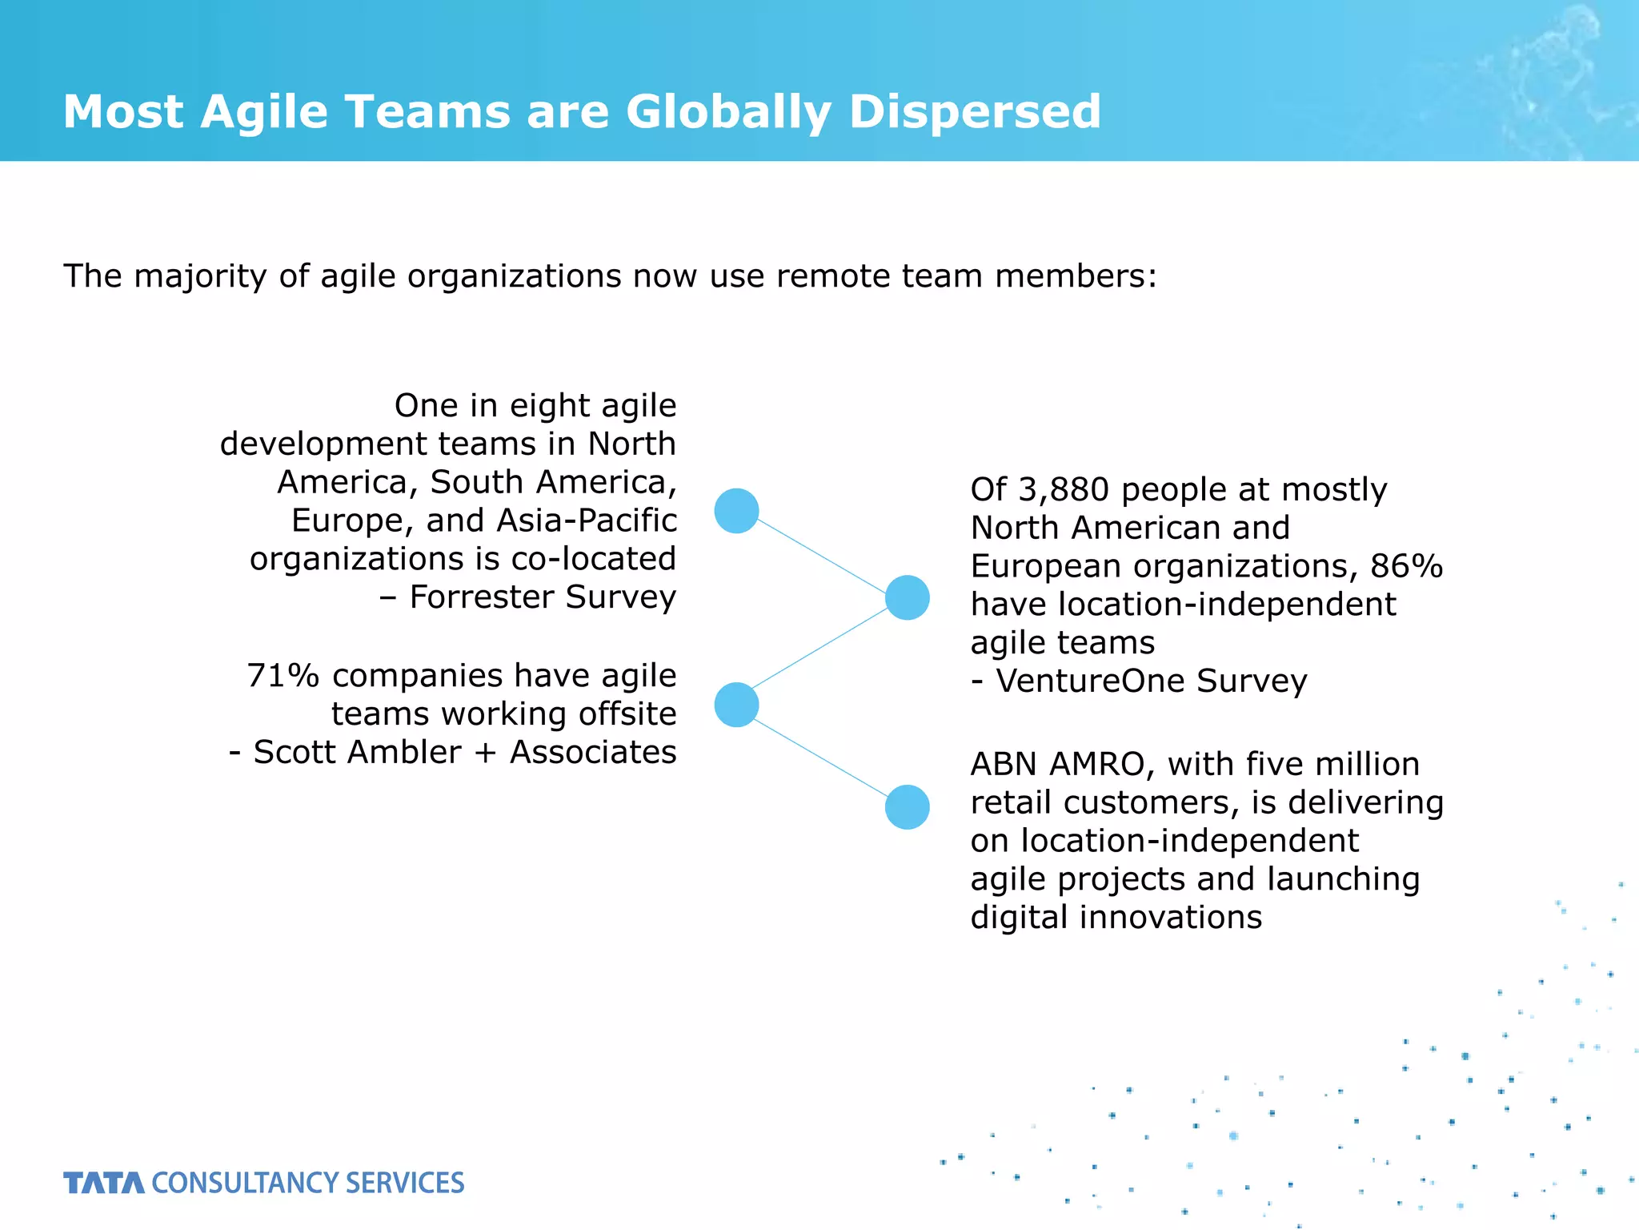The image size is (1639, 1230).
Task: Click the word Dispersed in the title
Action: click(974, 111)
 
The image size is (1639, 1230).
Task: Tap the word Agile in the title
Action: click(264, 111)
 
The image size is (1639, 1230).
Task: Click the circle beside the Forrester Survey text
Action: click(736, 511)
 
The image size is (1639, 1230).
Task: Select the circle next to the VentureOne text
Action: click(907, 597)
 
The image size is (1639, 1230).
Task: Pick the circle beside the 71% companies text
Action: click(736, 705)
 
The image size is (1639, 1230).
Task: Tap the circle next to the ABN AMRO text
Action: click(907, 806)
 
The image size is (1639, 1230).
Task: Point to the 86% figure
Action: click(1406, 566)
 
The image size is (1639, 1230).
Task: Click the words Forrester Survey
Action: click(543, 597)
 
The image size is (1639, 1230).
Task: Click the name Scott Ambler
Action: click(357, 753)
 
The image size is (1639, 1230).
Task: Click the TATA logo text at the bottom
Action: click(104, 1183)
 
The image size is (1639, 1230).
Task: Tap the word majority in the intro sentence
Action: click(200, 276)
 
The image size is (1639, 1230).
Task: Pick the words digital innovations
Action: click(1116, 918)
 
